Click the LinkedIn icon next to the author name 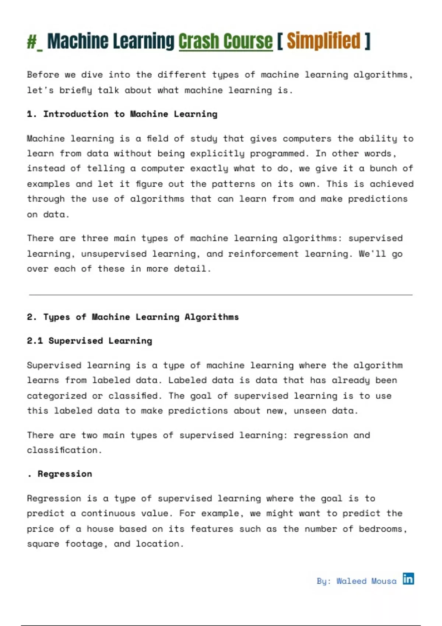tap(408, 579)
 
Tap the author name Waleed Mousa tap(366, 581)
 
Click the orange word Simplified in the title tap(323, 41)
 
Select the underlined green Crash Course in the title tap(225, 41)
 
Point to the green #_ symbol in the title tap(35, 41)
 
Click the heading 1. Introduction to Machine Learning tap(122, 114)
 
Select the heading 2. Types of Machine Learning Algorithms tap(133, 317)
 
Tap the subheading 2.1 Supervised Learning tap(89, 341)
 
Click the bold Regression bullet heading tap(65, 474)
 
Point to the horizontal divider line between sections tap(221, 295)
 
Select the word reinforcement tap(263, 254)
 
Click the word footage tap(84, 544)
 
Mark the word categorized tap(57, 396)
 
